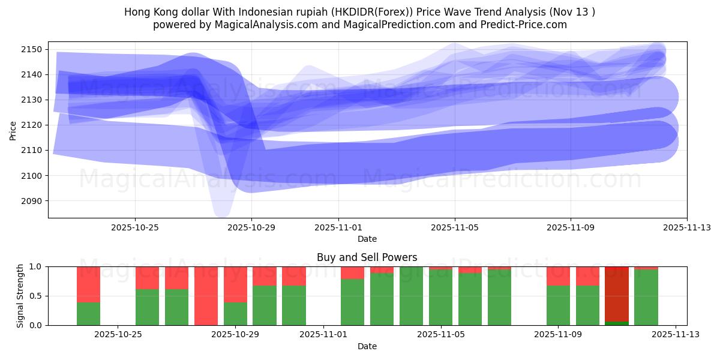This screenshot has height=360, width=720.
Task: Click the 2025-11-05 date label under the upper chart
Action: point(454,227)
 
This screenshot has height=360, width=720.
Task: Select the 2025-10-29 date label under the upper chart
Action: point(251,227)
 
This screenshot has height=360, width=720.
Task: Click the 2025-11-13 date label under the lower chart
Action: point(676,334)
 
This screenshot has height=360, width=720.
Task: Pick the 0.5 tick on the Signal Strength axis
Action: point(37,296)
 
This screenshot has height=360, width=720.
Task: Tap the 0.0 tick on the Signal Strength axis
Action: point(37,325)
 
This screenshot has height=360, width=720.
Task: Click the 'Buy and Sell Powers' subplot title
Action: point(367,257)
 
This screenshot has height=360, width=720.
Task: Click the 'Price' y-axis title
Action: point(13,130)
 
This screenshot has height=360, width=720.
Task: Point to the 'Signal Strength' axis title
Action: point(20,296)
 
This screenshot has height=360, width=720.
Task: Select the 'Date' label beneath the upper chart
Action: point(367,239)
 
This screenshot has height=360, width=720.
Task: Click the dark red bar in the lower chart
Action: point(617,294)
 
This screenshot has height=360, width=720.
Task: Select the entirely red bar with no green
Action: point(206,296)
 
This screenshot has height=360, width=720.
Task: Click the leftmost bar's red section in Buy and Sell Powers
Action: point(88,284)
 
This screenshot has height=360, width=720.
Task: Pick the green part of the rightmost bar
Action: point(646,298)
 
